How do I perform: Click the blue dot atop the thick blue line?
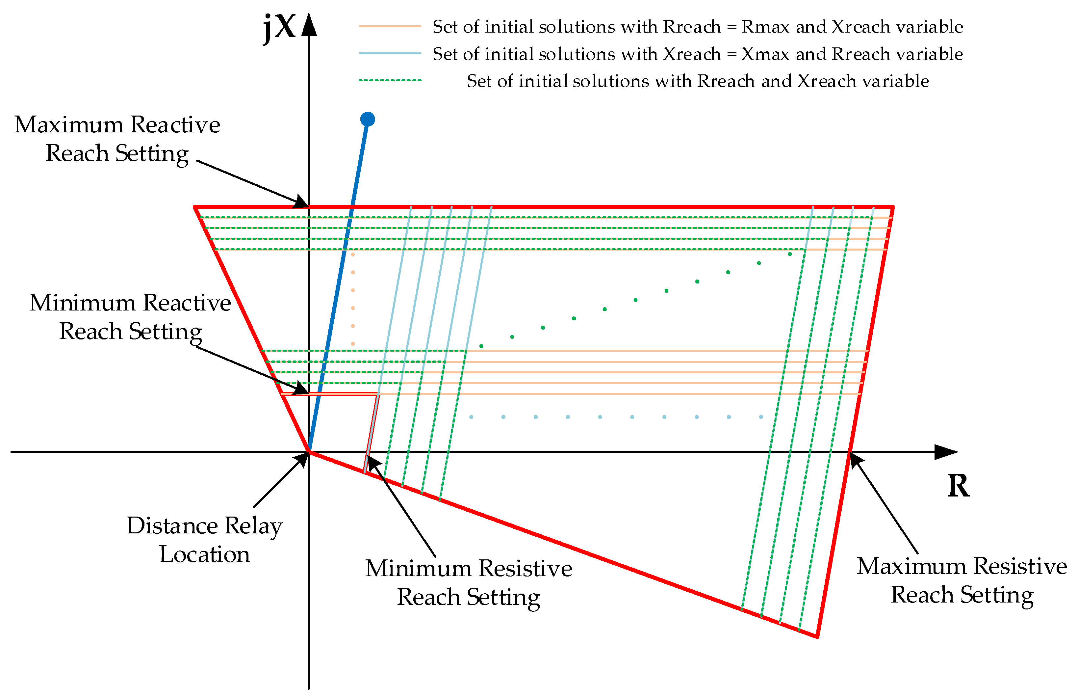click(x=367, y=119)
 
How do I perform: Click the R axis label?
click(x=958, y=486)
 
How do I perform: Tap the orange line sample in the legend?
click(x=390, y=27)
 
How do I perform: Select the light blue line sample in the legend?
click(x=390, y=53)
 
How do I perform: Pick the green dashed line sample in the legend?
click(x=390, y=81)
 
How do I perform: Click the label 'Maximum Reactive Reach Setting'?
click(x=117, y=139)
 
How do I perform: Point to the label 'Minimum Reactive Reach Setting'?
click(x=130, y=317)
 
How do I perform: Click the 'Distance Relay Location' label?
click(x=204, y=540)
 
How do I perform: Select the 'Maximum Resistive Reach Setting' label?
click(x=962, y=580)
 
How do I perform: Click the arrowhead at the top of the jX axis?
click(x=309, y=25)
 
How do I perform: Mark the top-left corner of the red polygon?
click(x=195, y=207)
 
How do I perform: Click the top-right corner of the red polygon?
click(x=893, y=207)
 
